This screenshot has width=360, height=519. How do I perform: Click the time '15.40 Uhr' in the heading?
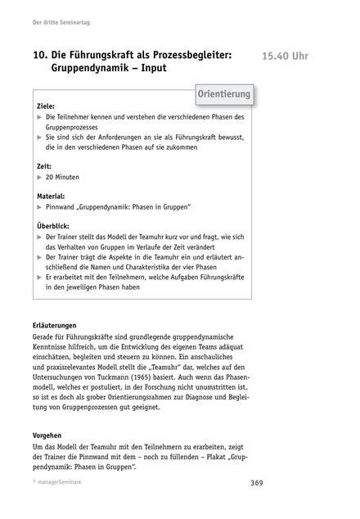[x=291, y=56]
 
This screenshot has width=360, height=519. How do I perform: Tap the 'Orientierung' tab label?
[x=224, y=96]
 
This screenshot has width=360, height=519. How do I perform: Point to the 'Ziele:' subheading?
[x=47, y=106]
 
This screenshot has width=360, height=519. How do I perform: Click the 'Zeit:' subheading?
[x=46, y=165]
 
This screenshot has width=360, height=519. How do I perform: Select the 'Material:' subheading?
[x=53, y=196]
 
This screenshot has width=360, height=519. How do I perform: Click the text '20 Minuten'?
[x=67, y=176]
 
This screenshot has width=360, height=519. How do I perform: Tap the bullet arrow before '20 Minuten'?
[x=40, y=177]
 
